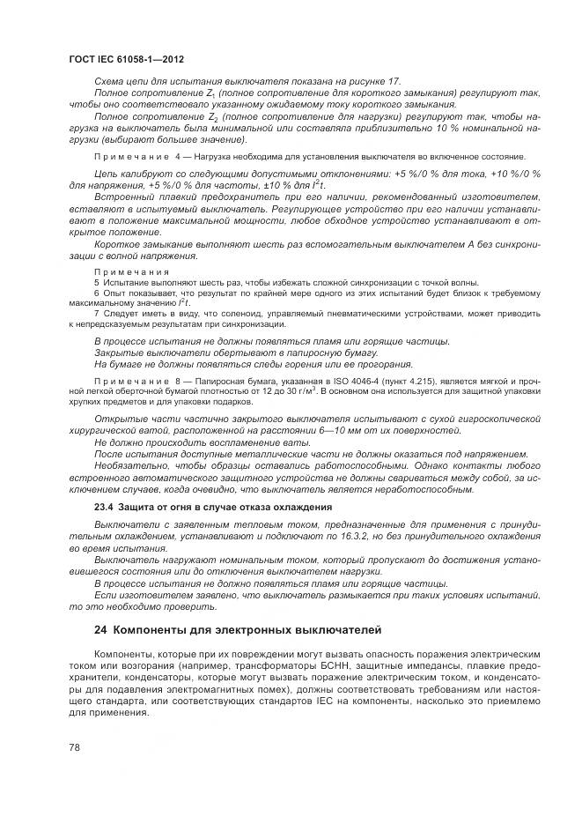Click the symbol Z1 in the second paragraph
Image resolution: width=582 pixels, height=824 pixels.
point(211,93)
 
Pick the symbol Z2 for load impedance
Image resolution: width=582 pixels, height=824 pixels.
point(211,116)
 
